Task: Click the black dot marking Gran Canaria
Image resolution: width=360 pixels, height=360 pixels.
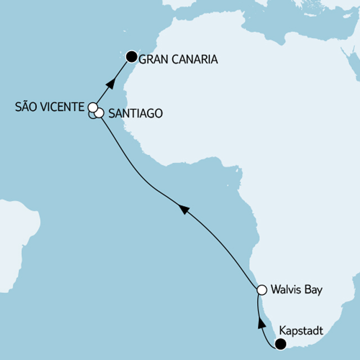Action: pyautogui.click(x=131, y=56)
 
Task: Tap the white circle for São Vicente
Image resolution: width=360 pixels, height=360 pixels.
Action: pyautogui.click(x=93, y=106)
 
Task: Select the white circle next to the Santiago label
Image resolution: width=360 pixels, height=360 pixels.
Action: pyautogui.click(x=100, y=113)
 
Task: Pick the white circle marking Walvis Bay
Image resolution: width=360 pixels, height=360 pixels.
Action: pyautogui.click(x=261, y=290)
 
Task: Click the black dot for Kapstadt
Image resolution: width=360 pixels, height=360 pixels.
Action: pyautogui.click(x=280, y=344)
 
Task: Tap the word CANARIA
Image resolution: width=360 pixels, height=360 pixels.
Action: pyautogui.click(x=194, y=58)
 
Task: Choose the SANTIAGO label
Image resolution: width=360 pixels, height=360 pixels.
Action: pyautogui.click(x=135, y=114)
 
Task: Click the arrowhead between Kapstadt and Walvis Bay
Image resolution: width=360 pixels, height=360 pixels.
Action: pyautogui.click(x=260, y=323)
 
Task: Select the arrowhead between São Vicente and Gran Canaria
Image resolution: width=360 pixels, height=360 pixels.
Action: pyautogui.click(x=110, y=86)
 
